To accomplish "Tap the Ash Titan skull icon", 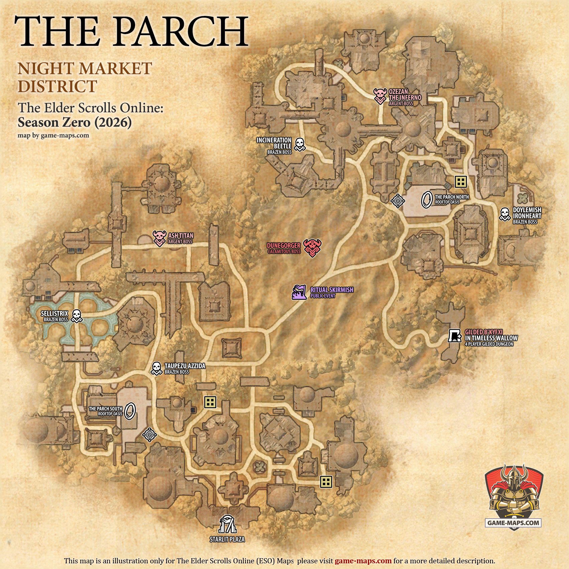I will tap(159, 238).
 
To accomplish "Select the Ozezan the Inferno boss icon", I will tap(380, 96).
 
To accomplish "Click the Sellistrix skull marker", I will tap(77, 316).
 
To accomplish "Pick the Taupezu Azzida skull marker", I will tap(156, 368).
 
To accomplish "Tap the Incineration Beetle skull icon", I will tap(299, 144).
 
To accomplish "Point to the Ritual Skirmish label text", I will tap(332, 290).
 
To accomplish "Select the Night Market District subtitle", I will tap(85, 77).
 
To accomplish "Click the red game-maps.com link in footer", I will tap(363, 561).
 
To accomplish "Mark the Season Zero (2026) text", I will tap(75, 122).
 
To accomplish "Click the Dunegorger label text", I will tap(284, 246).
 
